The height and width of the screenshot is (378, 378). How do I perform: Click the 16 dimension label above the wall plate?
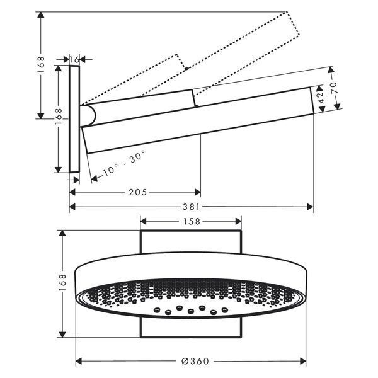74,59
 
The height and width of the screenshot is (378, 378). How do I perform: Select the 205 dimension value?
137,192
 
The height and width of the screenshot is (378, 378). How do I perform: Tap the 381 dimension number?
191,207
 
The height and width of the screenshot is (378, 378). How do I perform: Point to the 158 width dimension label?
192,221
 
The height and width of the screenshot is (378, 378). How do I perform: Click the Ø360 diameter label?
195,361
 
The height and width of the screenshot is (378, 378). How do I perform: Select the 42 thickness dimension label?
321,98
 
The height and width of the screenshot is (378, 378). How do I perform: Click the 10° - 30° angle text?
125,163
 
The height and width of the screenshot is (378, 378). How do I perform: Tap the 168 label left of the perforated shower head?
62,282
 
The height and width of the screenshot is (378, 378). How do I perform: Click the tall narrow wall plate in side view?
74,119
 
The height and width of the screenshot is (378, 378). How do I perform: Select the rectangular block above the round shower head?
191,241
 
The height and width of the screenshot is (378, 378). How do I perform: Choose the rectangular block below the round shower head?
191,328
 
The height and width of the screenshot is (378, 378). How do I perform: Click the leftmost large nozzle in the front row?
157,309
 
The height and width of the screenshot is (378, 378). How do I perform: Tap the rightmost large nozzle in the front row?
225,309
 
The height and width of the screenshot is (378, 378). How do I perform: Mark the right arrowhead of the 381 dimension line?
310,207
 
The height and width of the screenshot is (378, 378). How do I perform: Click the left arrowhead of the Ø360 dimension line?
79,361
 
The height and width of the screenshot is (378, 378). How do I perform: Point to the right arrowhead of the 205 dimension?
197,192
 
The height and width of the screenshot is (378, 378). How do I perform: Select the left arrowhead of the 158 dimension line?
144,221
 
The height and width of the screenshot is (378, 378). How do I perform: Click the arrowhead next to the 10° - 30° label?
94,178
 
